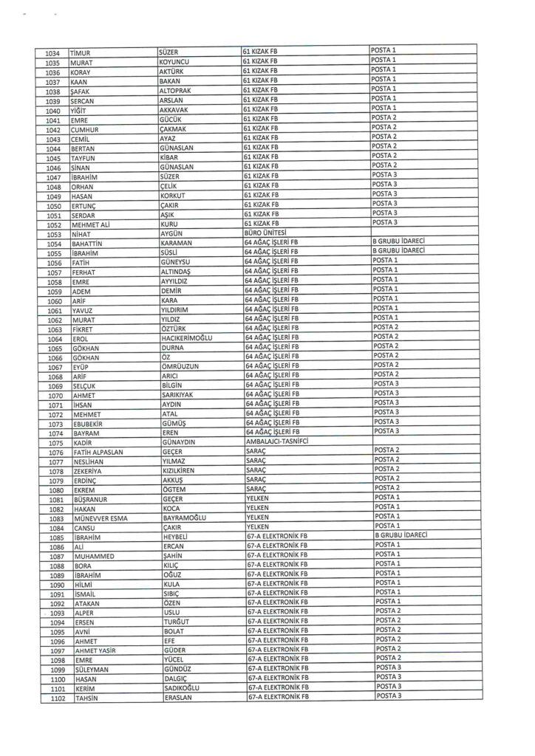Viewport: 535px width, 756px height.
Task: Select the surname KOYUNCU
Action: point(176,63)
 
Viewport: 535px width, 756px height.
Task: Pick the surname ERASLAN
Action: point(178,698)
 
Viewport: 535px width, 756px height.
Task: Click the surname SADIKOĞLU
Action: point(184,688)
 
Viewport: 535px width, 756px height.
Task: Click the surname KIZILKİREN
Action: point(183,470)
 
